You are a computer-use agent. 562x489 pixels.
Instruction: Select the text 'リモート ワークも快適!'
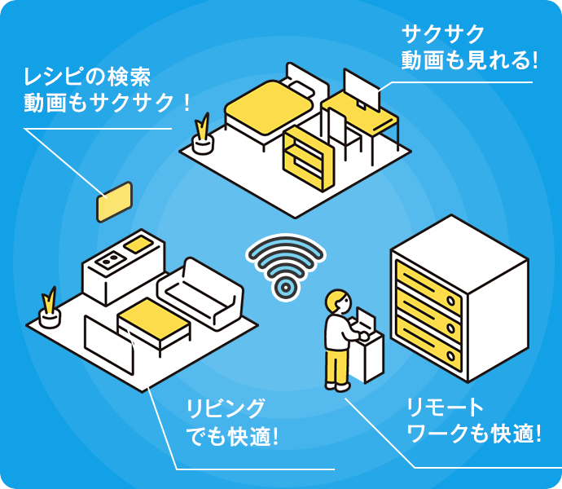tap(473, 421)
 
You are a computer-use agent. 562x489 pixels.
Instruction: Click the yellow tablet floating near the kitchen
tap(114, 201)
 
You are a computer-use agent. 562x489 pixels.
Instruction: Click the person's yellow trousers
tap(337, 366)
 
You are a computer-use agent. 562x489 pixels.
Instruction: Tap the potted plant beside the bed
tap(201, 134)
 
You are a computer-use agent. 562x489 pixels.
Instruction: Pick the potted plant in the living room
tap(50, 308)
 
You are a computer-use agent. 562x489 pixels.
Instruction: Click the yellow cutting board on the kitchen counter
tap(137, 242)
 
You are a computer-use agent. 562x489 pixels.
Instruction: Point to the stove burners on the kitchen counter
tap(108, 261)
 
